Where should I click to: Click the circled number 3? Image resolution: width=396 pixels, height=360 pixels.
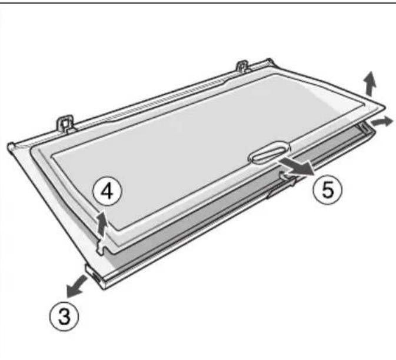pos(64,316)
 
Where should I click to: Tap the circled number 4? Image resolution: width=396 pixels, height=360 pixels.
pos(107,192)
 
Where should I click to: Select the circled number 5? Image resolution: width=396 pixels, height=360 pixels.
pos(328,190)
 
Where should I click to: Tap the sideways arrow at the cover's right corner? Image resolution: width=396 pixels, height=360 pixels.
pos(382,122)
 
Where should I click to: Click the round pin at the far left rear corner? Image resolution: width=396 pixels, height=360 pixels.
pos(11,146)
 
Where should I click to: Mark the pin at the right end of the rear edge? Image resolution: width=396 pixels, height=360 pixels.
pos(269,61)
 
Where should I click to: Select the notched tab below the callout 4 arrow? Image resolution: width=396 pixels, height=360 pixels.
pos(102,245)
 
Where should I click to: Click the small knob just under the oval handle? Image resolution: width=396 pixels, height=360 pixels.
pos(284,175)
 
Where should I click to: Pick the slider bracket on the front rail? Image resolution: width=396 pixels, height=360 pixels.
pos(282,188)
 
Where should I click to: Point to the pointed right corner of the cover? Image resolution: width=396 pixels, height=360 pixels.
pos(384,107)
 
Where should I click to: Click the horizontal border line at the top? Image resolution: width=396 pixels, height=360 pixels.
pos(198,2)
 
